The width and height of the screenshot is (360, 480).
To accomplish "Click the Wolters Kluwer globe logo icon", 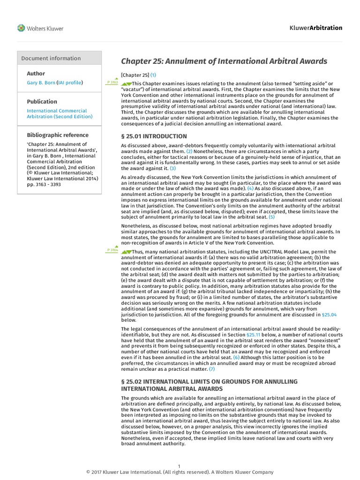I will point(21,28).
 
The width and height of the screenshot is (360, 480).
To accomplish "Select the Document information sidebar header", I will point(51,58).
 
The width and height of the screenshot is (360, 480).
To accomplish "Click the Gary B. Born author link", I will point(41,82).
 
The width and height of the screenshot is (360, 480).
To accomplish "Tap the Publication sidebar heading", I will point(42,101).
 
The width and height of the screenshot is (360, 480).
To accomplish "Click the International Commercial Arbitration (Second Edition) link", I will point(60,113).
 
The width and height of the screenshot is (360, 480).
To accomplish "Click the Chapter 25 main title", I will point(224,61).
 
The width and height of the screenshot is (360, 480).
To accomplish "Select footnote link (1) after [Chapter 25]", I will point(153,75).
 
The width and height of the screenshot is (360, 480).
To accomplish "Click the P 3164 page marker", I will point(112,250).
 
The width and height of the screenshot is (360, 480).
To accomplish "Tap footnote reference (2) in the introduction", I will point(189,151).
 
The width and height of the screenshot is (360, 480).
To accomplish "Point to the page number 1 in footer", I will point(180,465).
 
